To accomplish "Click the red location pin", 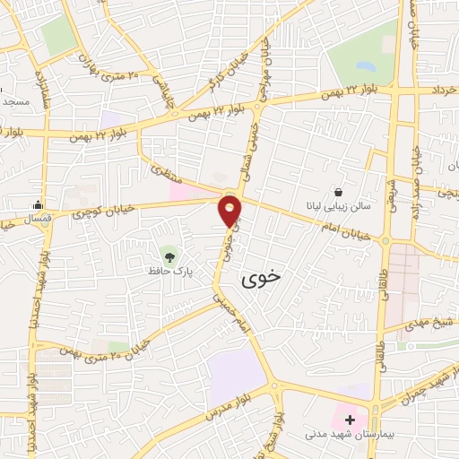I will tap(230, 211).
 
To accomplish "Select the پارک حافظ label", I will tap(169, 267).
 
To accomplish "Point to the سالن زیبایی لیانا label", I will tap(338, 205).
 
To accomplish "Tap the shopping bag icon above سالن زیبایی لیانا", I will tap(338, 191).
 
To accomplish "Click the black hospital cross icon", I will tap(349, 420).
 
